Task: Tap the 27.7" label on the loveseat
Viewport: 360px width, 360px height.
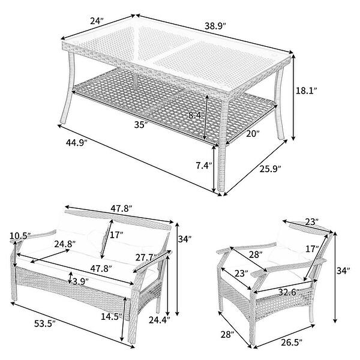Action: pos(145,257)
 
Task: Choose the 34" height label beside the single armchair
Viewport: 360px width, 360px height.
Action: pos(343,271)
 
